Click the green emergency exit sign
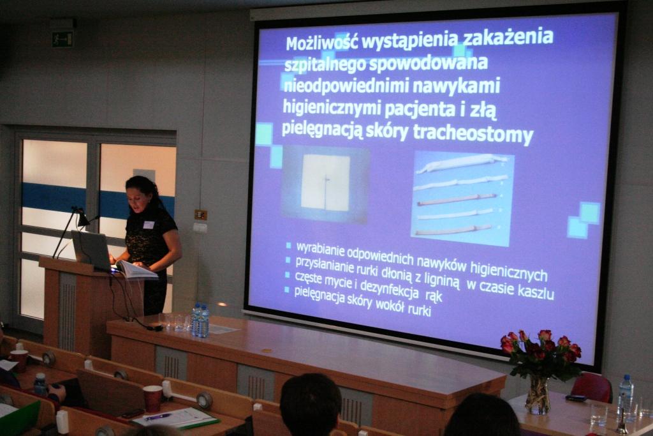62,40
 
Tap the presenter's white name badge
149,225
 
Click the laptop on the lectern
92,250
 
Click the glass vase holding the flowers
538,395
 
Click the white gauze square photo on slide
326,183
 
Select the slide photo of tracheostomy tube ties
462,199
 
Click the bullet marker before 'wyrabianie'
288,246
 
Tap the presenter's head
141,192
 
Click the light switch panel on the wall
201,214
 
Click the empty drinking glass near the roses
598,415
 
